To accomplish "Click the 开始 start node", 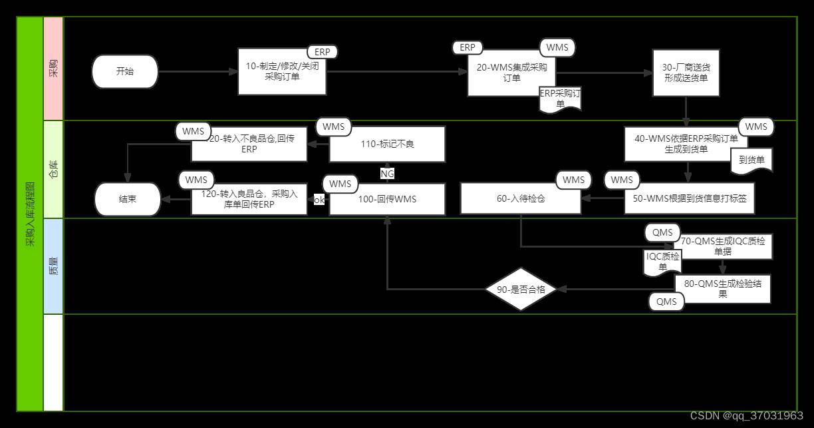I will [125, 72].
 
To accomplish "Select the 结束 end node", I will [128, 199].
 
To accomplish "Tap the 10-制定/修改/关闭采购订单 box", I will [283, 72].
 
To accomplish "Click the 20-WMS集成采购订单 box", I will [511, 72].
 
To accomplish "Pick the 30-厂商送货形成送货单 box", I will [686, 73].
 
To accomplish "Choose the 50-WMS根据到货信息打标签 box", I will [690, 198].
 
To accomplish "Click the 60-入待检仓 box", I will [521, 198].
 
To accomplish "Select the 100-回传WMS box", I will [387, 199].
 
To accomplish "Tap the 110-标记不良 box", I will [387, 144].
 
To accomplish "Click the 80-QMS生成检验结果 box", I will [723, 289].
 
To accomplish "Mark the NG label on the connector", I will [387, 174].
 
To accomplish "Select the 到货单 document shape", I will [751, 160].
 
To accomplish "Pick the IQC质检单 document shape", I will [662, 262].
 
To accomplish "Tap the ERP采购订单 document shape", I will [560, 99].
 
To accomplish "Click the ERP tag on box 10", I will [322, 52].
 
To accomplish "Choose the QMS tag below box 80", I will [666, 302].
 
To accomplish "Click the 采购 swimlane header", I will [53, 68].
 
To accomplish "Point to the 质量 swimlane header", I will [53, 266].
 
